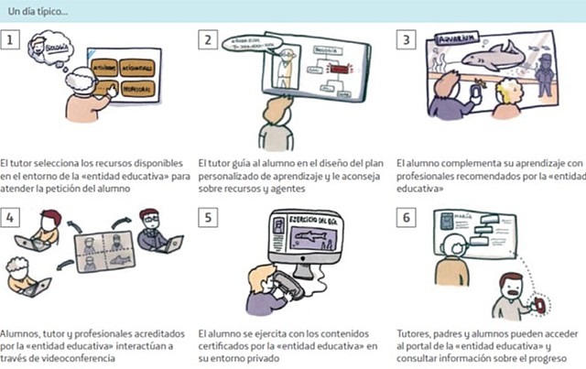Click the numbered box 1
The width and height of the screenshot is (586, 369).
10,41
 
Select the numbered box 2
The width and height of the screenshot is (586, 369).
209,41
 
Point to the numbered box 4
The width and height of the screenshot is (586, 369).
10,218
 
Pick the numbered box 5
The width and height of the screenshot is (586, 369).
209,218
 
